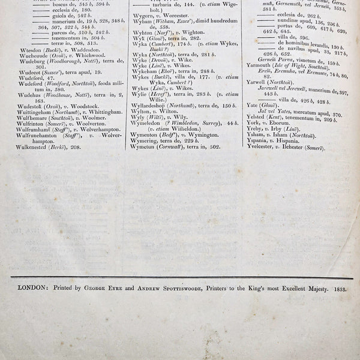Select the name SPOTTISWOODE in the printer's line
click(x=181, y=288)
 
